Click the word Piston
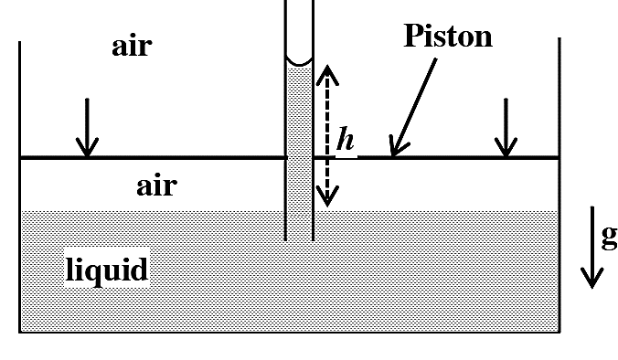[448, 37]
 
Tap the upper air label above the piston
[132, 47]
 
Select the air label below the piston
[156, 185]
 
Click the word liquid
[107, 269]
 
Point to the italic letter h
[346, 139]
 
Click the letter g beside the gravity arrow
[610, 238]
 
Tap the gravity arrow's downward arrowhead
[592, 278]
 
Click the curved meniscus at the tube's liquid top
[300, 61]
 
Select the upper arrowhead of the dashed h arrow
[327, 75]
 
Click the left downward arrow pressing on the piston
[87, 128]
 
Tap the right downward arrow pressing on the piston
[506, 128]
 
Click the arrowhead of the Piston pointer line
[398, 146]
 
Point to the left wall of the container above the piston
[20, 99]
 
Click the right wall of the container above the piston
[559, 97]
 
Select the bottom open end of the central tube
[300, 239]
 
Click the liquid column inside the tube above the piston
[300, 111]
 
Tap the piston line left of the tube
[153, 157]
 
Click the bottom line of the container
[290, 333]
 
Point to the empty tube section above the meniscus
[300, 28]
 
